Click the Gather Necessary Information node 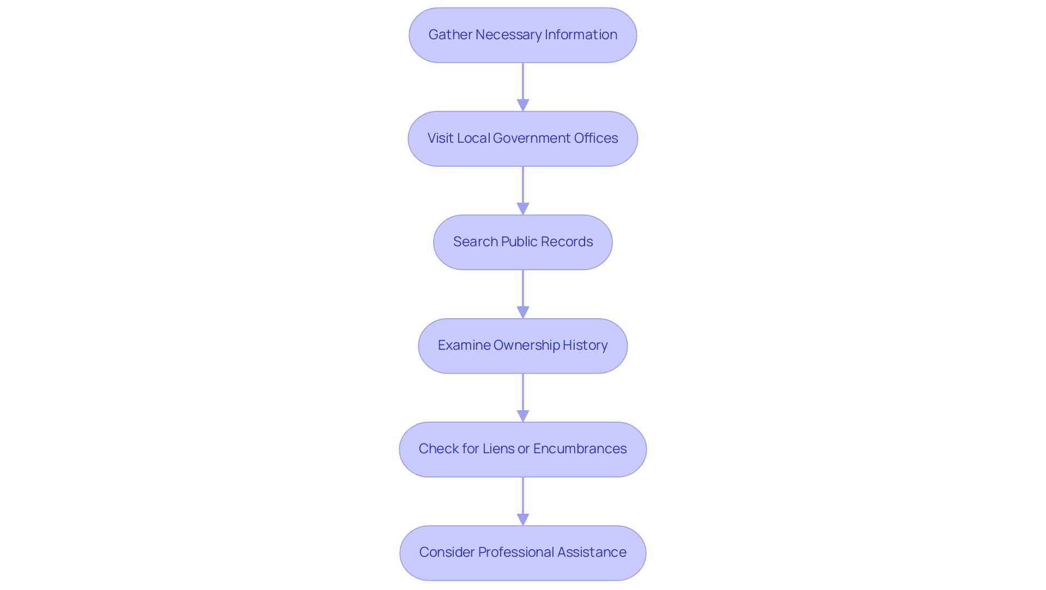click(x=522, y=35)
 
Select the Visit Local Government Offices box click(x=522, y=138)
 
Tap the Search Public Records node click(x=522, y=242)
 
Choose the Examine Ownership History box click(x=522, y=345)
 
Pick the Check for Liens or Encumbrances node click(x=522, y=449)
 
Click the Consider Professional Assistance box click(x=522, y=552)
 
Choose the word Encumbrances click(x=580, y=449)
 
